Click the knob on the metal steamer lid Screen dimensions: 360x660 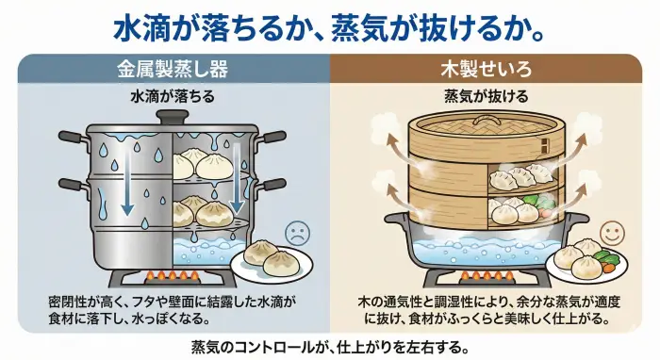pos(172,117)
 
